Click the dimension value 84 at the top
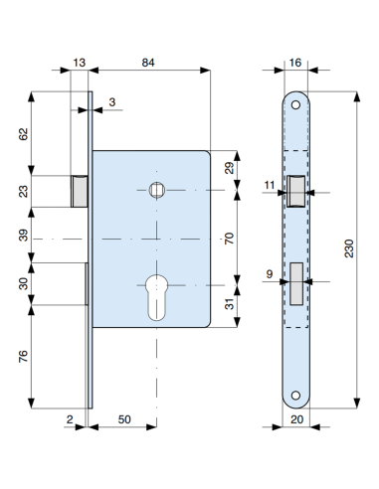click(x=148, y=62)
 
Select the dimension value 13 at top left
click(x=80, y=62)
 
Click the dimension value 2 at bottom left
click(x=69, y=419)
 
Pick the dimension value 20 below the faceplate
click(x=297, y=419)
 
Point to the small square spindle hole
click(x=154, y=190)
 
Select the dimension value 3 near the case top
click(x=112, y=103)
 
